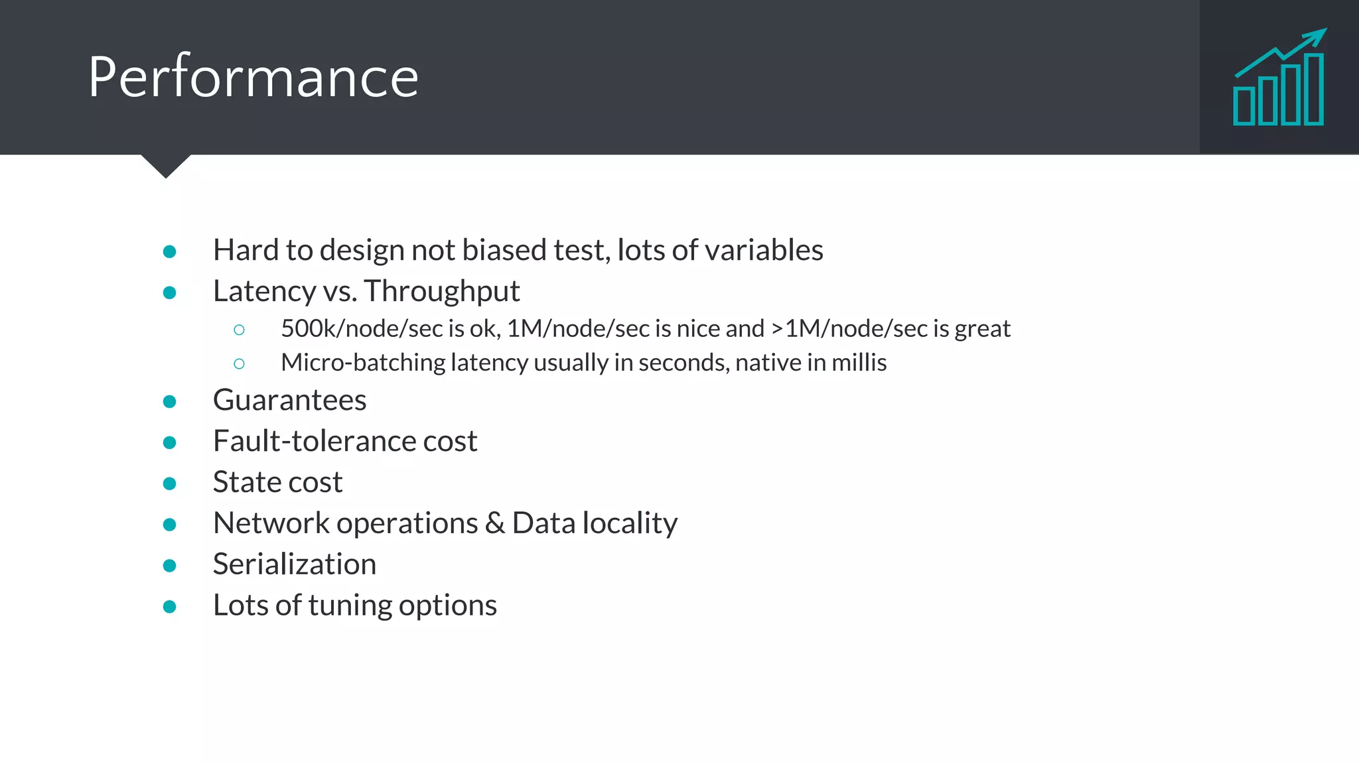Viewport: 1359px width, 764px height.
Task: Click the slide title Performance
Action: (253, 77)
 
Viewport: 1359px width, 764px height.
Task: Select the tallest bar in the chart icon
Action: (1314, 89)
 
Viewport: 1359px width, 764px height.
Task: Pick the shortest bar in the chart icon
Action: (1244, 105)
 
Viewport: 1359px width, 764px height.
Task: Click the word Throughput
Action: (441, 291)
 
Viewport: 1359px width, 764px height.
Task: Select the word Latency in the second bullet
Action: (264, 291)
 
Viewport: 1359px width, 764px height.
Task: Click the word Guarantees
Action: (289, 400)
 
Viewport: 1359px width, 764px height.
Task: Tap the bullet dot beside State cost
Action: (170, 483)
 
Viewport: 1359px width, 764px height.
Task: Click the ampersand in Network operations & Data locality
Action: (494, 523)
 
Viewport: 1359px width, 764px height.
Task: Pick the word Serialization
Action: (295, 564)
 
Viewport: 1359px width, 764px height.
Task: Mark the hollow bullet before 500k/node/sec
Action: (240, 330)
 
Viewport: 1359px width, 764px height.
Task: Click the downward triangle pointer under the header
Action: (166, 166)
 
